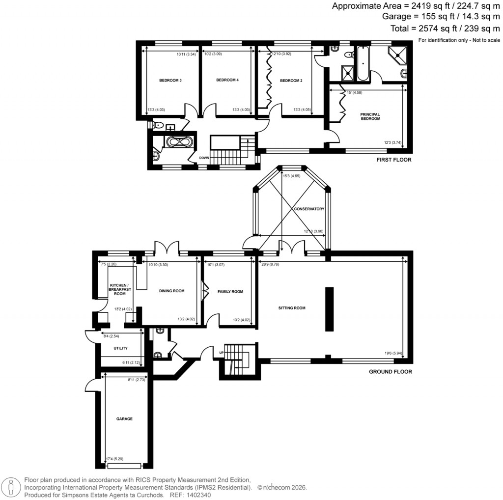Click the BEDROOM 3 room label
click(170, 80)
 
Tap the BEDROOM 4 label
click(227, 80)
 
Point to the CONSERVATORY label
click(309, 209)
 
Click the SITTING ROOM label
click(292, 308)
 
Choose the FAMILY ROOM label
click(230, 292)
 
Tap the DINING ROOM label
click(171, 291)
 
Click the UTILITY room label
click(120, 348)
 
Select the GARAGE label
click(124, 419)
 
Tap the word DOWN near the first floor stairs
click(204, 158)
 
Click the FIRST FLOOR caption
click(394, 160)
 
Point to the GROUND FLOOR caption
click(390, 372)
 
